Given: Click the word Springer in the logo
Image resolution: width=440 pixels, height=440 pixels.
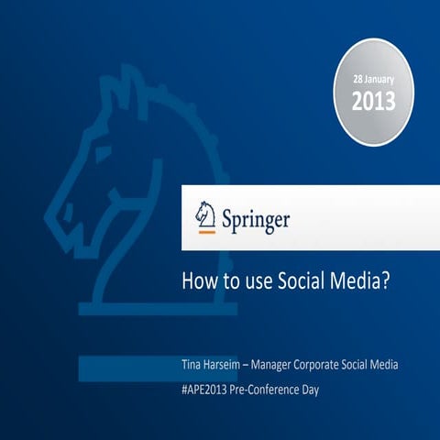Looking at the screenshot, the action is pyautogui.click(x=256, y=220).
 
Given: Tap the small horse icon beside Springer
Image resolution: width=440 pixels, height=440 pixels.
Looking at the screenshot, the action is pyautogui.click(x=205, y=214).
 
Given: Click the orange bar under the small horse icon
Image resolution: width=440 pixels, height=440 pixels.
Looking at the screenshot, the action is pyautogui.click(x=207, y=232).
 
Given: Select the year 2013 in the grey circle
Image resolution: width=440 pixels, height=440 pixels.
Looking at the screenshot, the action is pyautogui.click(x=374, y=101).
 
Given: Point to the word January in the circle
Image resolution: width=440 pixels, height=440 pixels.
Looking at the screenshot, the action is pyautogui.click(x=379, y=80).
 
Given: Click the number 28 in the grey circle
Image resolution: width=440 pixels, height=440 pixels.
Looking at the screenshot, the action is pyautogui.click(x=357, y=79).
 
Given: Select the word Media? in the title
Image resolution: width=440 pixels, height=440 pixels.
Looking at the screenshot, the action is pyautogui.click(x=360, y=280).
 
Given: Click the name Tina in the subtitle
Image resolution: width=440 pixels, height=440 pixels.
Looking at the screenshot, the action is pyautogui.click(x=190, y=365).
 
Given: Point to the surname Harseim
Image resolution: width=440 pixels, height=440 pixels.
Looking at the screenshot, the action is pyautogui.click(x=220, y=365).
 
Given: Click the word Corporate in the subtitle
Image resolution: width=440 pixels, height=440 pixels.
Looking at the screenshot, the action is pyautogui.click(x=316, y=365).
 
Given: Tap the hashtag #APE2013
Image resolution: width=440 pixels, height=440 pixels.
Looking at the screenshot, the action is pyautogui.click(x=204, y=390).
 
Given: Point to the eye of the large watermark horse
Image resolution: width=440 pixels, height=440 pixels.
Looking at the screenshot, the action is pyautogui.click(x=103, y=154).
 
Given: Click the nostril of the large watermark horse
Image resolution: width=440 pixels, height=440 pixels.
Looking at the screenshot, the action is pyautogui.click(x=69, y=212).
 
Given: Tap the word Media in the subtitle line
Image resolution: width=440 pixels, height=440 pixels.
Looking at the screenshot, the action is pyautogui.click(x=384, y=365).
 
